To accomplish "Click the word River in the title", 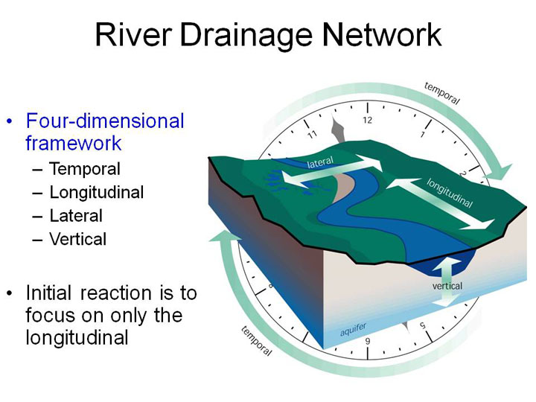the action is point(133,34).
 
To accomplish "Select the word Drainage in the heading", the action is point(246,37).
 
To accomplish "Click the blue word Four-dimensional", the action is point(105,121).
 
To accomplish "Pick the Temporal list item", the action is point(85,169).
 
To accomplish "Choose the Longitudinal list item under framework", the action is point(97,193).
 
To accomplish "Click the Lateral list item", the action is point(76,216).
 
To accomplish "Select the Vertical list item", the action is point(78,239).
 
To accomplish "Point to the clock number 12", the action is point(368,120).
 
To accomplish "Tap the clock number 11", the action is point(313,134).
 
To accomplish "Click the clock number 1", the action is point(423,134).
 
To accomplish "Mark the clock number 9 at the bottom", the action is point(368,341).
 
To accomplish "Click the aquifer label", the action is point(354,329).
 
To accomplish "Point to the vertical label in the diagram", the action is point(447,286).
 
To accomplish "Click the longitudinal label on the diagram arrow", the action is point(450,193).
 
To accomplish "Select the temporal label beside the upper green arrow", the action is point(442,93).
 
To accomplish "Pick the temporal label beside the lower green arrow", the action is point(256,341).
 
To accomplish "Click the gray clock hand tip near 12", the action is point(333,115).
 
